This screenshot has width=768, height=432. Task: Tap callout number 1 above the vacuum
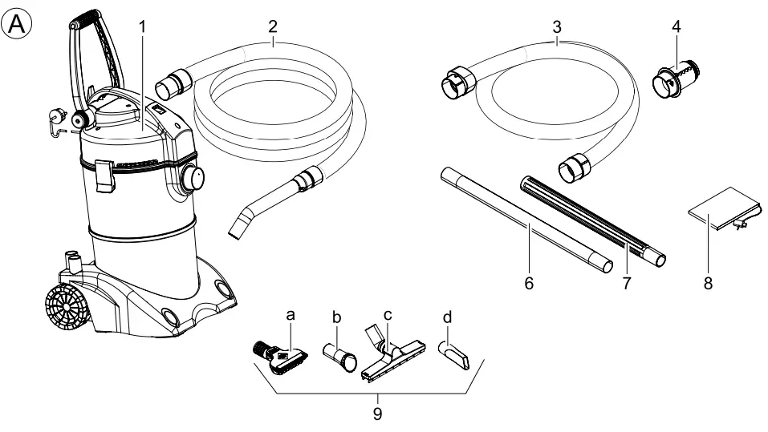[143, 26]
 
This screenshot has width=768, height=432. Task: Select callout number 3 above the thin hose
[557, 26]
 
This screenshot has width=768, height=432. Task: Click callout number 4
[677, 26]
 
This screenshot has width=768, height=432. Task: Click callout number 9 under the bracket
[377, 414]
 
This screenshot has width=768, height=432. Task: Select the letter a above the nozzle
[291, 316]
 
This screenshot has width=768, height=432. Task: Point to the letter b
[337, 317]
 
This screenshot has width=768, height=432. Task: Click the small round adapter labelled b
[341, 357]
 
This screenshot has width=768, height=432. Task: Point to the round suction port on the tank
[193, 178]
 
